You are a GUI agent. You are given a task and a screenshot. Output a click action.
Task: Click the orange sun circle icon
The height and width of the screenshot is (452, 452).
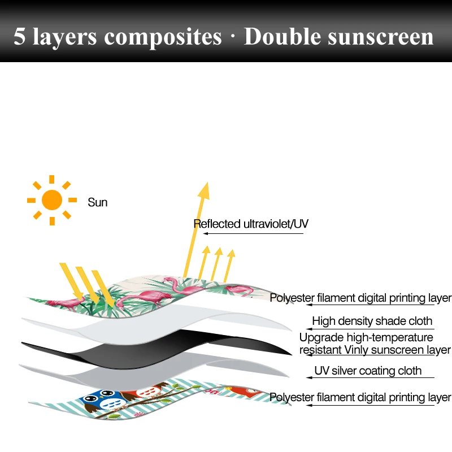(52, 199)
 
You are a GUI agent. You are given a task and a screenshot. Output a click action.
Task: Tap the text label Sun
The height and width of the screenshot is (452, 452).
(97, 202)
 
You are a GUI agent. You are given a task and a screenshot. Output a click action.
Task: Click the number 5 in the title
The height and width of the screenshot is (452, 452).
(19, 37)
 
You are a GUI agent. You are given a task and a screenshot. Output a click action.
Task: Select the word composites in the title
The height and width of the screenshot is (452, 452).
(164, 37)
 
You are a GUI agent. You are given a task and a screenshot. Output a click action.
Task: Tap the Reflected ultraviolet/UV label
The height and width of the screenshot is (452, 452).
(251, 224)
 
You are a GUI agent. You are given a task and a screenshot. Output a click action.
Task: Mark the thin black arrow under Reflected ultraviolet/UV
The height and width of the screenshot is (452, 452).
(254, 233)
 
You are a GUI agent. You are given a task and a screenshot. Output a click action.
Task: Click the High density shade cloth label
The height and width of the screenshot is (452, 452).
(372, 321)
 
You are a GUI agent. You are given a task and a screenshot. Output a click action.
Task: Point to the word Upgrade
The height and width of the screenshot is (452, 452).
(320, 338)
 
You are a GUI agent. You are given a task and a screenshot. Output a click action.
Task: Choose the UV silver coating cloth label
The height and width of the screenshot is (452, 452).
(368, 371)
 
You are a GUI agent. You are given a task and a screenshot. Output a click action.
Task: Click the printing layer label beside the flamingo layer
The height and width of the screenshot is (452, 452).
(360, 298)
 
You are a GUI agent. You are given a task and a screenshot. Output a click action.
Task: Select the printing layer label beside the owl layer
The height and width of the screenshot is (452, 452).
(360, 398)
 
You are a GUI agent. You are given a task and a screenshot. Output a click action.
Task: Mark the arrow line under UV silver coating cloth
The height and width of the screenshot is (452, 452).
(367, 379)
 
